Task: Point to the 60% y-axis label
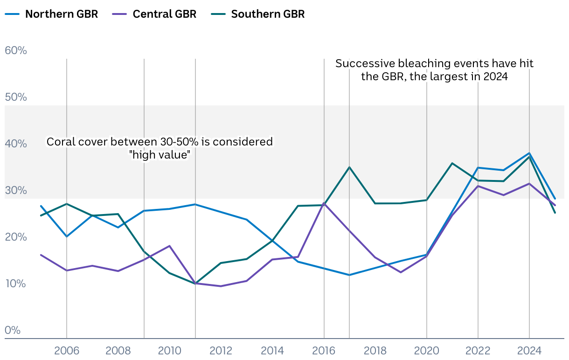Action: point(16,50)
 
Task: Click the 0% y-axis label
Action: point(13,330)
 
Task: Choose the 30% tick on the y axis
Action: point(16,190)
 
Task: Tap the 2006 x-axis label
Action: point(67,351)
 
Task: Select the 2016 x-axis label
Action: point(324,351)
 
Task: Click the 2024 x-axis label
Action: point(529,351)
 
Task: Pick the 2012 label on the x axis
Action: point(221,351)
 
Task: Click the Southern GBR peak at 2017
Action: point(349,167)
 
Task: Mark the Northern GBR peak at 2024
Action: point(529,153)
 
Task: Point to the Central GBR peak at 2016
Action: point(324,203)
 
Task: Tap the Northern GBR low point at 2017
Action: point(349,275)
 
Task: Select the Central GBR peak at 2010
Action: point(170,246)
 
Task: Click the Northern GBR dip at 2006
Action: point(67,236)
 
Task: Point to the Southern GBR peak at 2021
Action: point(452,163)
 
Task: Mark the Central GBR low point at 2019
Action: point(401,272)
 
